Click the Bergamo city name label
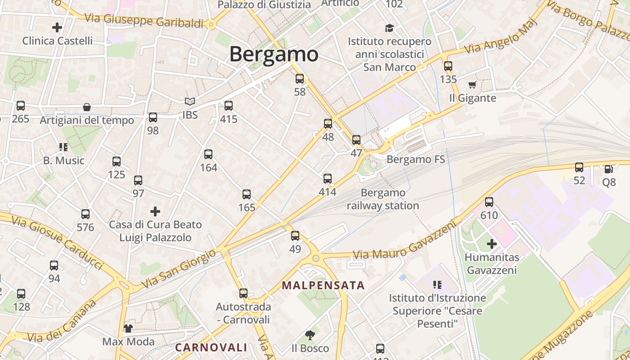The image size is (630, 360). point(274,54)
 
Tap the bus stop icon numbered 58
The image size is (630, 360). point(300,79)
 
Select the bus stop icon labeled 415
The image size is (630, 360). point(229,106)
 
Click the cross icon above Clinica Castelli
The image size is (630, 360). point(57,27)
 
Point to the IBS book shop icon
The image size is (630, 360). point(190,102)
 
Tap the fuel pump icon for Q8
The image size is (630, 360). point(608,169)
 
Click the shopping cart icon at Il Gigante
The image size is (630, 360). point(472,85)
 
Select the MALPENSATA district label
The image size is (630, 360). point(323,285)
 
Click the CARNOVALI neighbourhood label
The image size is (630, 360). point(211,347)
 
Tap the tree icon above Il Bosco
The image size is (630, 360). point(310,335)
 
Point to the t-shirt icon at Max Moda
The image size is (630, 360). point(128,328)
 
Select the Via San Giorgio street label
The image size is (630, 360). point(179,269)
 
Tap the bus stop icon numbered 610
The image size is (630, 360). point(489,202)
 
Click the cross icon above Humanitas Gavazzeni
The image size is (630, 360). point(492,244)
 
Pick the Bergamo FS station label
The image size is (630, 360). point(415,159)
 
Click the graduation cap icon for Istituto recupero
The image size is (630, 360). point(389,28)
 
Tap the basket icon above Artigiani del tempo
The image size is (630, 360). point(87,107)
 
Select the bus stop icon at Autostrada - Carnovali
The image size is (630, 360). point(243,293)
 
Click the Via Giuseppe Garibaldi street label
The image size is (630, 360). point(144,20)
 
